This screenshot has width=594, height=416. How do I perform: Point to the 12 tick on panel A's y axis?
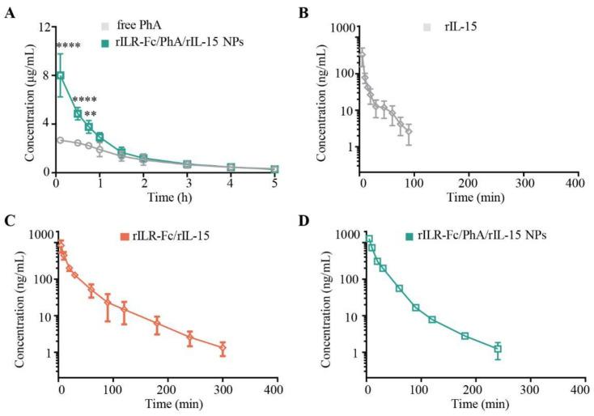pyautogui.click(x=42, y=26)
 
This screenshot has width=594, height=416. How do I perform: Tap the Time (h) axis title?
pyautogui.click(x=164, y=198)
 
